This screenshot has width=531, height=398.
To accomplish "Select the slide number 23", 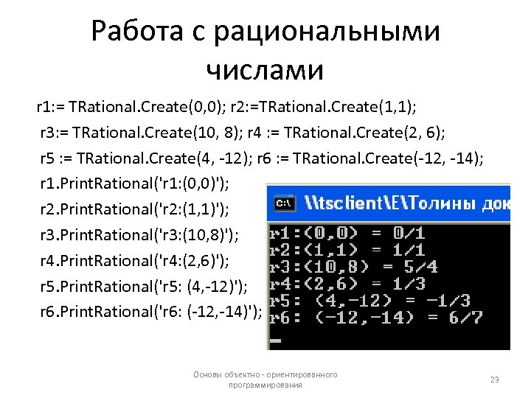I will [495, 380].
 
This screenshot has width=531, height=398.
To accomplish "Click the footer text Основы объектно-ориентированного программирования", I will [265, 380].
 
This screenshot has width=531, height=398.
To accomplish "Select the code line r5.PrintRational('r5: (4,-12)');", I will [145, 287].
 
